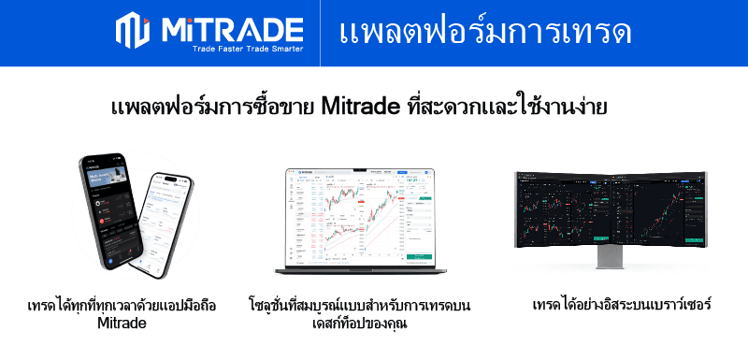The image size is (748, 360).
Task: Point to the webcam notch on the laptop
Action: point(361,169)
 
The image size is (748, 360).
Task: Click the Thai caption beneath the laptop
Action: point(360,314)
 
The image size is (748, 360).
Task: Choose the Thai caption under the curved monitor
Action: point(622,306)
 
